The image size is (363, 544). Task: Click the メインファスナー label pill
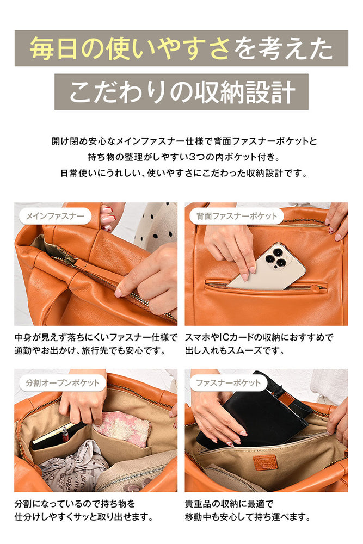[x=56, y=216]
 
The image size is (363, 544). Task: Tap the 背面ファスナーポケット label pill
[x=237, y=216]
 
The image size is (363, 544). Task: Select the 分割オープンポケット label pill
[x=63, y=383]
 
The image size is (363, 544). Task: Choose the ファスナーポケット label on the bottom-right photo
[x=228, y=383]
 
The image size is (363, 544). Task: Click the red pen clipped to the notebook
[x=65, y=435]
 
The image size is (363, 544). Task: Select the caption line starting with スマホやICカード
[x=259, y=337]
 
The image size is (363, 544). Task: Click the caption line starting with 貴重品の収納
[x=229, y=503]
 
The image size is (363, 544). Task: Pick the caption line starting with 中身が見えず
[x=96, y=337]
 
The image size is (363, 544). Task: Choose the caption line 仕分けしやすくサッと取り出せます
[x=84, y=517]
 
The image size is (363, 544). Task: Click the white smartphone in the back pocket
[x=266, y=267]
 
